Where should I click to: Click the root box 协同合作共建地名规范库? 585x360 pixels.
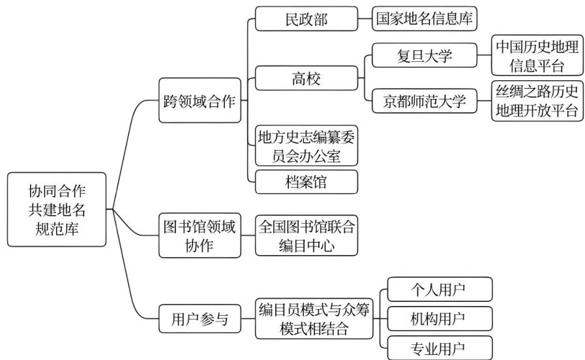click(57, 209)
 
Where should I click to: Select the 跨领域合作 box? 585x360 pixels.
click(200, 100)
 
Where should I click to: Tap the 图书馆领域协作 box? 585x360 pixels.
click(200, 235)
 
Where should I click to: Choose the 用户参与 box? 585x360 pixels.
click(200, 319)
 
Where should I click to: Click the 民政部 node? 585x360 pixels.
click(307, 19)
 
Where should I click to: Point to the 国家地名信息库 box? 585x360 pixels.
click(425, 19)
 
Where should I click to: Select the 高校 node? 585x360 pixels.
click(307, 78)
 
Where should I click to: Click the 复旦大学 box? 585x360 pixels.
click(425, 55)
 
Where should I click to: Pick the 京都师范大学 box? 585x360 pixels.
click(425, 100)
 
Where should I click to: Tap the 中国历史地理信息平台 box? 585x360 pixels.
click(537, 55)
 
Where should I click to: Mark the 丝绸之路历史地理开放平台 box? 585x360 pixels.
click(537, 100)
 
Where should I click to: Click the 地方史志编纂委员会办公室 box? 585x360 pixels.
click(307, 145)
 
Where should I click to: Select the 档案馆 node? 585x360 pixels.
click(307, 182)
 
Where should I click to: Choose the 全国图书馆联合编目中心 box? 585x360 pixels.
click(307, 235)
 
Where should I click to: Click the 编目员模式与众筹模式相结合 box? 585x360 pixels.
click(314, 319)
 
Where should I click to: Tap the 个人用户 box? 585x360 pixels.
click(440, 289)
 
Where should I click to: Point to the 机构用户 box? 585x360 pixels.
click(440, 319)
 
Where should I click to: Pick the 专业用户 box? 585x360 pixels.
click(440, 348)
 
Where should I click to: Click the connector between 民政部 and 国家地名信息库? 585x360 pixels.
click(365, 19)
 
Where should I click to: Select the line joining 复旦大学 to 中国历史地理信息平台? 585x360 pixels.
click(485, 55)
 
